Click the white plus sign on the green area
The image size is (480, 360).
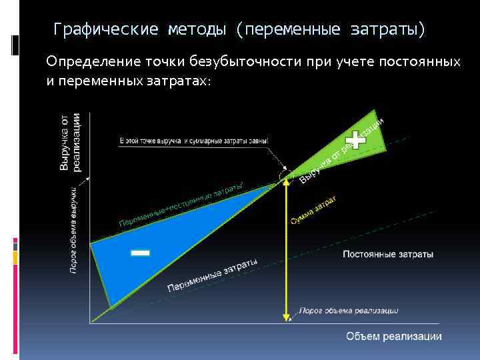coord(358,138)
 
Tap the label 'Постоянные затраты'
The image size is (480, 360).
coord(387,255)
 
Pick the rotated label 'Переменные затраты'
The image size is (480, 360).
coord(212,275)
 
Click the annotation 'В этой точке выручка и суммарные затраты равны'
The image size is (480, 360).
coord(193,141)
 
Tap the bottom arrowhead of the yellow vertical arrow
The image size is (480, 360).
coord(287,317)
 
